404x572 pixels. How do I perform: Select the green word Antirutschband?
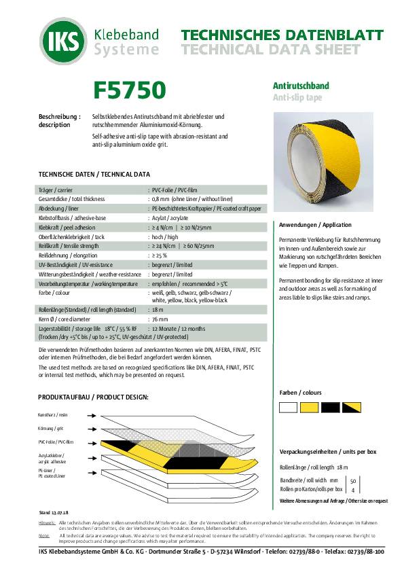click(301, 86)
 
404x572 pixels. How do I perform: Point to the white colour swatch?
click(289, 408)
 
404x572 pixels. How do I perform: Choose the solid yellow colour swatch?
click(310, 408)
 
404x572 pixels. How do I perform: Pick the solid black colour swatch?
click(330, 408)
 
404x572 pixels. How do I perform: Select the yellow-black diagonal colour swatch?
click(351, 408)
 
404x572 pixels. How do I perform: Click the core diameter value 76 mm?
click(160, 319)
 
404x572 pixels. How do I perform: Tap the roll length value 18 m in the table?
click(159, 309)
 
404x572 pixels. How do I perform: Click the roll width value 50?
click(353, 480)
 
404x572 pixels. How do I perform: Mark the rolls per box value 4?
click(353, 489)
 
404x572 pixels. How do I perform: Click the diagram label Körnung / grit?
click(52, 428)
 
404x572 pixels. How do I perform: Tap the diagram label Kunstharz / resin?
click(53, 414)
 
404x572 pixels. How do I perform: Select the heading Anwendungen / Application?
click(315, 225)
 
